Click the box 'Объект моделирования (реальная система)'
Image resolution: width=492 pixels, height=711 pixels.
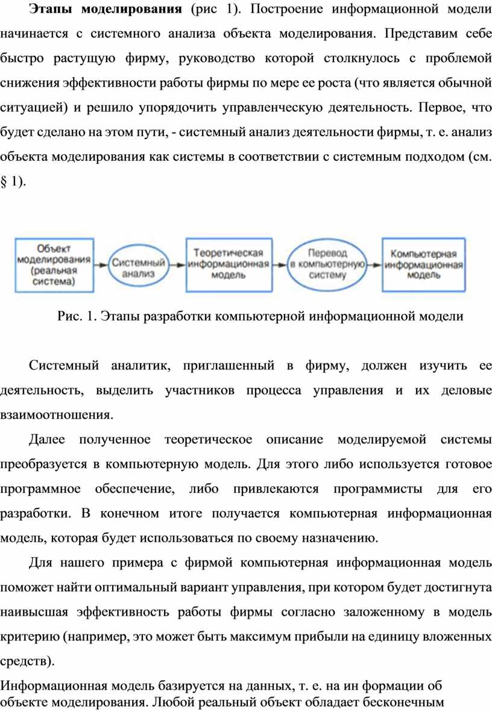coord(54,265)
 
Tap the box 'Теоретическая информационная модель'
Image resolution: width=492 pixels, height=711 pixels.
coord(229,265)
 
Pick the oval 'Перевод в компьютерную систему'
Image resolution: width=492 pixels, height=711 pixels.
coord(327,264)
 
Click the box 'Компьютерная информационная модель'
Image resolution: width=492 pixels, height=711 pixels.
coord(423,265)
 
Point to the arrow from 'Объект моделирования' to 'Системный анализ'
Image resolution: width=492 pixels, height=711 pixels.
coord(101,265)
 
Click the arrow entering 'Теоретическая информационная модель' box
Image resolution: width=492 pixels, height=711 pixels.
coord(177,265)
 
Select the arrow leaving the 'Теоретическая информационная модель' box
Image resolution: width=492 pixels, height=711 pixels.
coord(280,265)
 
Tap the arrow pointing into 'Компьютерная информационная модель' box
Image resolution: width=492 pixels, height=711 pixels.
coord(375,265)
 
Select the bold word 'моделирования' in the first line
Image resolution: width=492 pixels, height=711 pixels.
coord(132,9)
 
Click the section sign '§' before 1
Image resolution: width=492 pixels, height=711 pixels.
coord(4,182)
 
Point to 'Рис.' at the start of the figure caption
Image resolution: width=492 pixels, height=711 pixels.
coord(69,316)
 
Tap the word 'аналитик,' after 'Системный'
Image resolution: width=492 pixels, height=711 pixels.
coord(140,366)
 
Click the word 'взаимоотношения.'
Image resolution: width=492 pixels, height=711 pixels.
coord(57,415)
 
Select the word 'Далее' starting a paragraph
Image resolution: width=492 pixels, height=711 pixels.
coord(47,440)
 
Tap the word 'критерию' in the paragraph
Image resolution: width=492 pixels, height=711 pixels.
coord(30,637)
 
